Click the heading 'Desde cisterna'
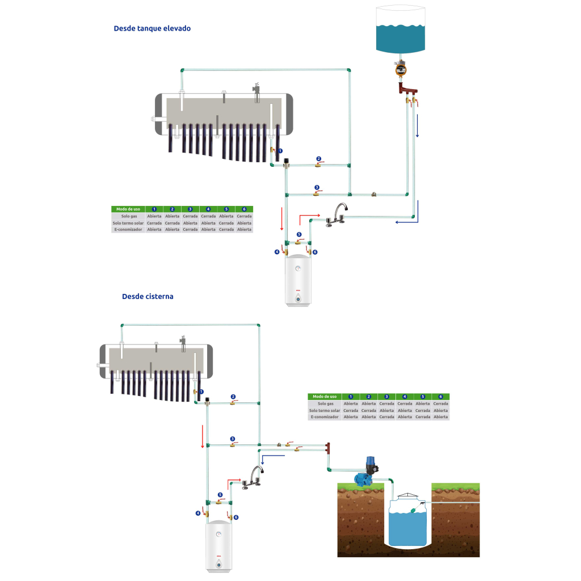(x=148, y=296)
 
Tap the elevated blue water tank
(x=401, y=31)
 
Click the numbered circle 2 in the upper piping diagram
(x=318, y=159)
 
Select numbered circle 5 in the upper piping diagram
(x=299, y=234)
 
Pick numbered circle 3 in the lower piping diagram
(x=233, y=439)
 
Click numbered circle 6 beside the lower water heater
(x=236, y=517)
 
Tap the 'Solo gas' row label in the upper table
(x=128, y=216)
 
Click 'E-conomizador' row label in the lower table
(x=325, y=417)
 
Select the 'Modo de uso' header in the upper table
(x=128, y=209)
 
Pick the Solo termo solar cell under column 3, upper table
(x=190, y=223)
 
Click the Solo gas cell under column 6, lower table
(x=441, y=403)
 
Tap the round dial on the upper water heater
(x=298, y=269)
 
